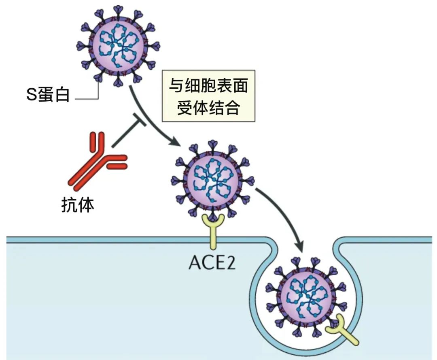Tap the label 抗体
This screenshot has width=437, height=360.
[x=78, y=205]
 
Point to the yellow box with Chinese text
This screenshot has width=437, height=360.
[x=208, y=97]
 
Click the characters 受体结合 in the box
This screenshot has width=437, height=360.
[x=208, y=108]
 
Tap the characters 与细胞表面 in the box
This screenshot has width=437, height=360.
[x=208, y=86]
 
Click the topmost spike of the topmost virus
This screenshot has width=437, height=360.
[x=119, y=10]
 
